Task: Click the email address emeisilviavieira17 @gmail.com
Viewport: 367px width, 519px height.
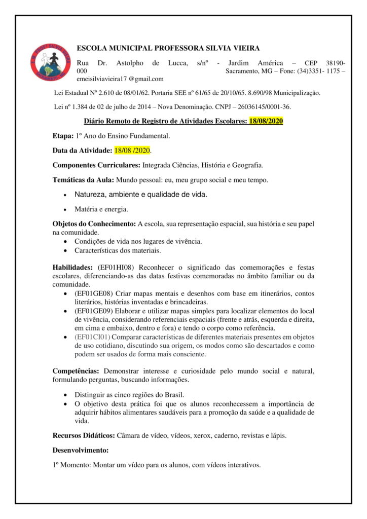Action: point(120,79)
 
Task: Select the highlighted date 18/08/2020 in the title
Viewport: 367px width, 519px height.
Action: point(265,121)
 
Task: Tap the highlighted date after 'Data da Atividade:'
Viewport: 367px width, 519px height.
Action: point(133,151)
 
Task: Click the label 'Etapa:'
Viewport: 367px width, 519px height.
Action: point(63,136)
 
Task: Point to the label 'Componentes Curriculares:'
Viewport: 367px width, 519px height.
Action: point(96,165)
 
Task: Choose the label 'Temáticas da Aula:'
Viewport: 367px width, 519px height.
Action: point(84,180)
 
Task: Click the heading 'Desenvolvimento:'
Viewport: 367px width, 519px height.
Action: point(81,450)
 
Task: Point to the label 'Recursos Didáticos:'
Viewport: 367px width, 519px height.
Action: point(84,435)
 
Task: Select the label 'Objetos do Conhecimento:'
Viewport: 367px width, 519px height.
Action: point(94,224)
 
